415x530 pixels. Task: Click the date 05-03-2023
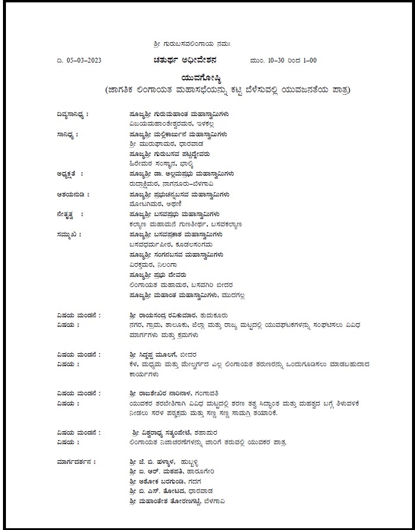pos(80,60)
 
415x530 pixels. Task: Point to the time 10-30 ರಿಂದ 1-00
pos(284,60)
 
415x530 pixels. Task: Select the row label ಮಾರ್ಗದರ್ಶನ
pos(75,461)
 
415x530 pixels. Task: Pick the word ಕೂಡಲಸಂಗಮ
pos(194,244)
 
